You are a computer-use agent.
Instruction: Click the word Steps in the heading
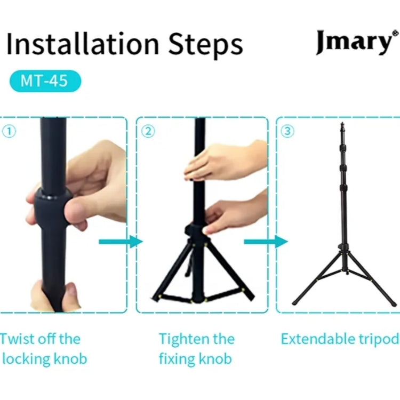tap(205, 45)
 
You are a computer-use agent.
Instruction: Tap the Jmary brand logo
tap(353, 43)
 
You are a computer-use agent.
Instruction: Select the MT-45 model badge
tap(45, 82)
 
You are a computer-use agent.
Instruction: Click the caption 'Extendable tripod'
tap(340, 339)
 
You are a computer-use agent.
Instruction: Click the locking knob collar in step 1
tap(53, 205)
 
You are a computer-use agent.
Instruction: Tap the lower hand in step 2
tap(235, 213)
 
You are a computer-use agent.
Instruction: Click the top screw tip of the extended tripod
tap(342, 125)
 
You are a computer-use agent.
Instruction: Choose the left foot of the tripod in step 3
tap(295, 303)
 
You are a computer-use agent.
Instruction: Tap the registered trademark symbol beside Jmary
tap(395, 34)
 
